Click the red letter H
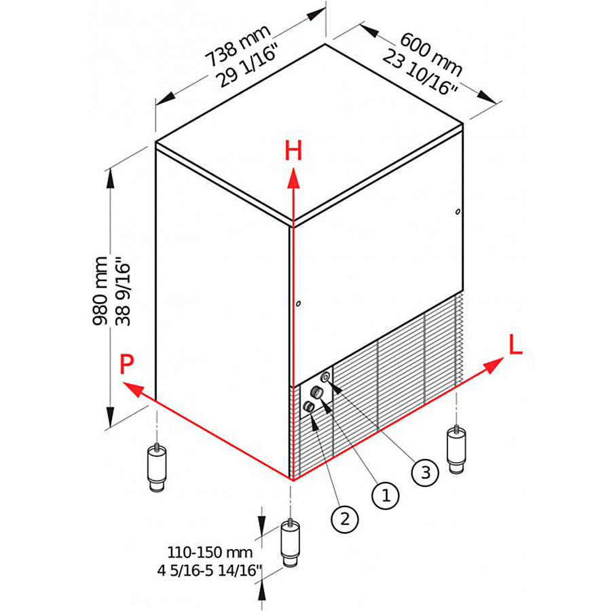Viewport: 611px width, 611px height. [293, 151]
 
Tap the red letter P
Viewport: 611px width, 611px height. [127, 364]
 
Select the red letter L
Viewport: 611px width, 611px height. [515, 344]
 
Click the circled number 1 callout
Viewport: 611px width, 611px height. [386, 496]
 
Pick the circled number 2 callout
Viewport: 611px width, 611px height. [345, 519]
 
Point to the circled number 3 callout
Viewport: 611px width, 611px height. [425, 473]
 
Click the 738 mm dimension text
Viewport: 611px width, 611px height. [238, 46]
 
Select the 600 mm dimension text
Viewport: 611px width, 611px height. [431, 54]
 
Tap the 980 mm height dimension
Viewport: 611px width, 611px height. [100, 291]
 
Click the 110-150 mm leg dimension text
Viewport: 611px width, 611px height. [210, 552]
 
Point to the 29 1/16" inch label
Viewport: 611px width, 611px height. [248, 65]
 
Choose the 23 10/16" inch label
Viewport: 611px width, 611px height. [420, 73]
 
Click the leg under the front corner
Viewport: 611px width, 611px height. [291, 544]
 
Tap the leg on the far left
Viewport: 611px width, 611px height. [157, 468]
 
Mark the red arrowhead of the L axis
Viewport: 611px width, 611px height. [494, 365]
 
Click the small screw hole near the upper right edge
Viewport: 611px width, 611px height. [458, 212]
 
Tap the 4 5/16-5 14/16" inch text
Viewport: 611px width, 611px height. [209, 571]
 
